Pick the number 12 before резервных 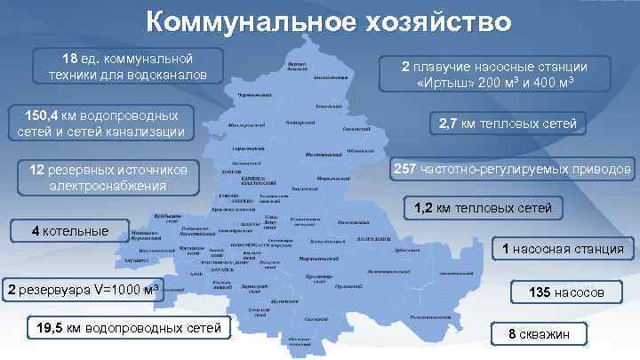36,169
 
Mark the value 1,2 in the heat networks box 424,209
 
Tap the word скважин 552,334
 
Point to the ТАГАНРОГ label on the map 134,260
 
